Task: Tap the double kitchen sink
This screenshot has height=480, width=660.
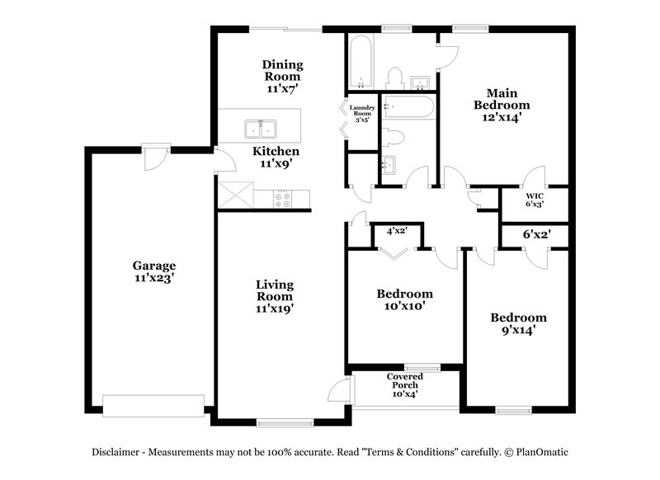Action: [260, 129]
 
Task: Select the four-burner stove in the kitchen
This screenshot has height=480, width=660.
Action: [283, 198]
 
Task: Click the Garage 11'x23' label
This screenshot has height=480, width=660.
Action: [154, 272]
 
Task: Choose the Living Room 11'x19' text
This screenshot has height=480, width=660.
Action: [275, 296]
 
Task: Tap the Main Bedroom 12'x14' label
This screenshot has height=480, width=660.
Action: [502, 105]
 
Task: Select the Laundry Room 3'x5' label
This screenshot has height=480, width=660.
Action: [363, 112]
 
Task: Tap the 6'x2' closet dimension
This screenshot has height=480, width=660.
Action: [536, 234]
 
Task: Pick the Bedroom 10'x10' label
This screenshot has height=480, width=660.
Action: [404, 299]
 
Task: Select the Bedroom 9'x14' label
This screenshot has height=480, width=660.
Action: [518, 324]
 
